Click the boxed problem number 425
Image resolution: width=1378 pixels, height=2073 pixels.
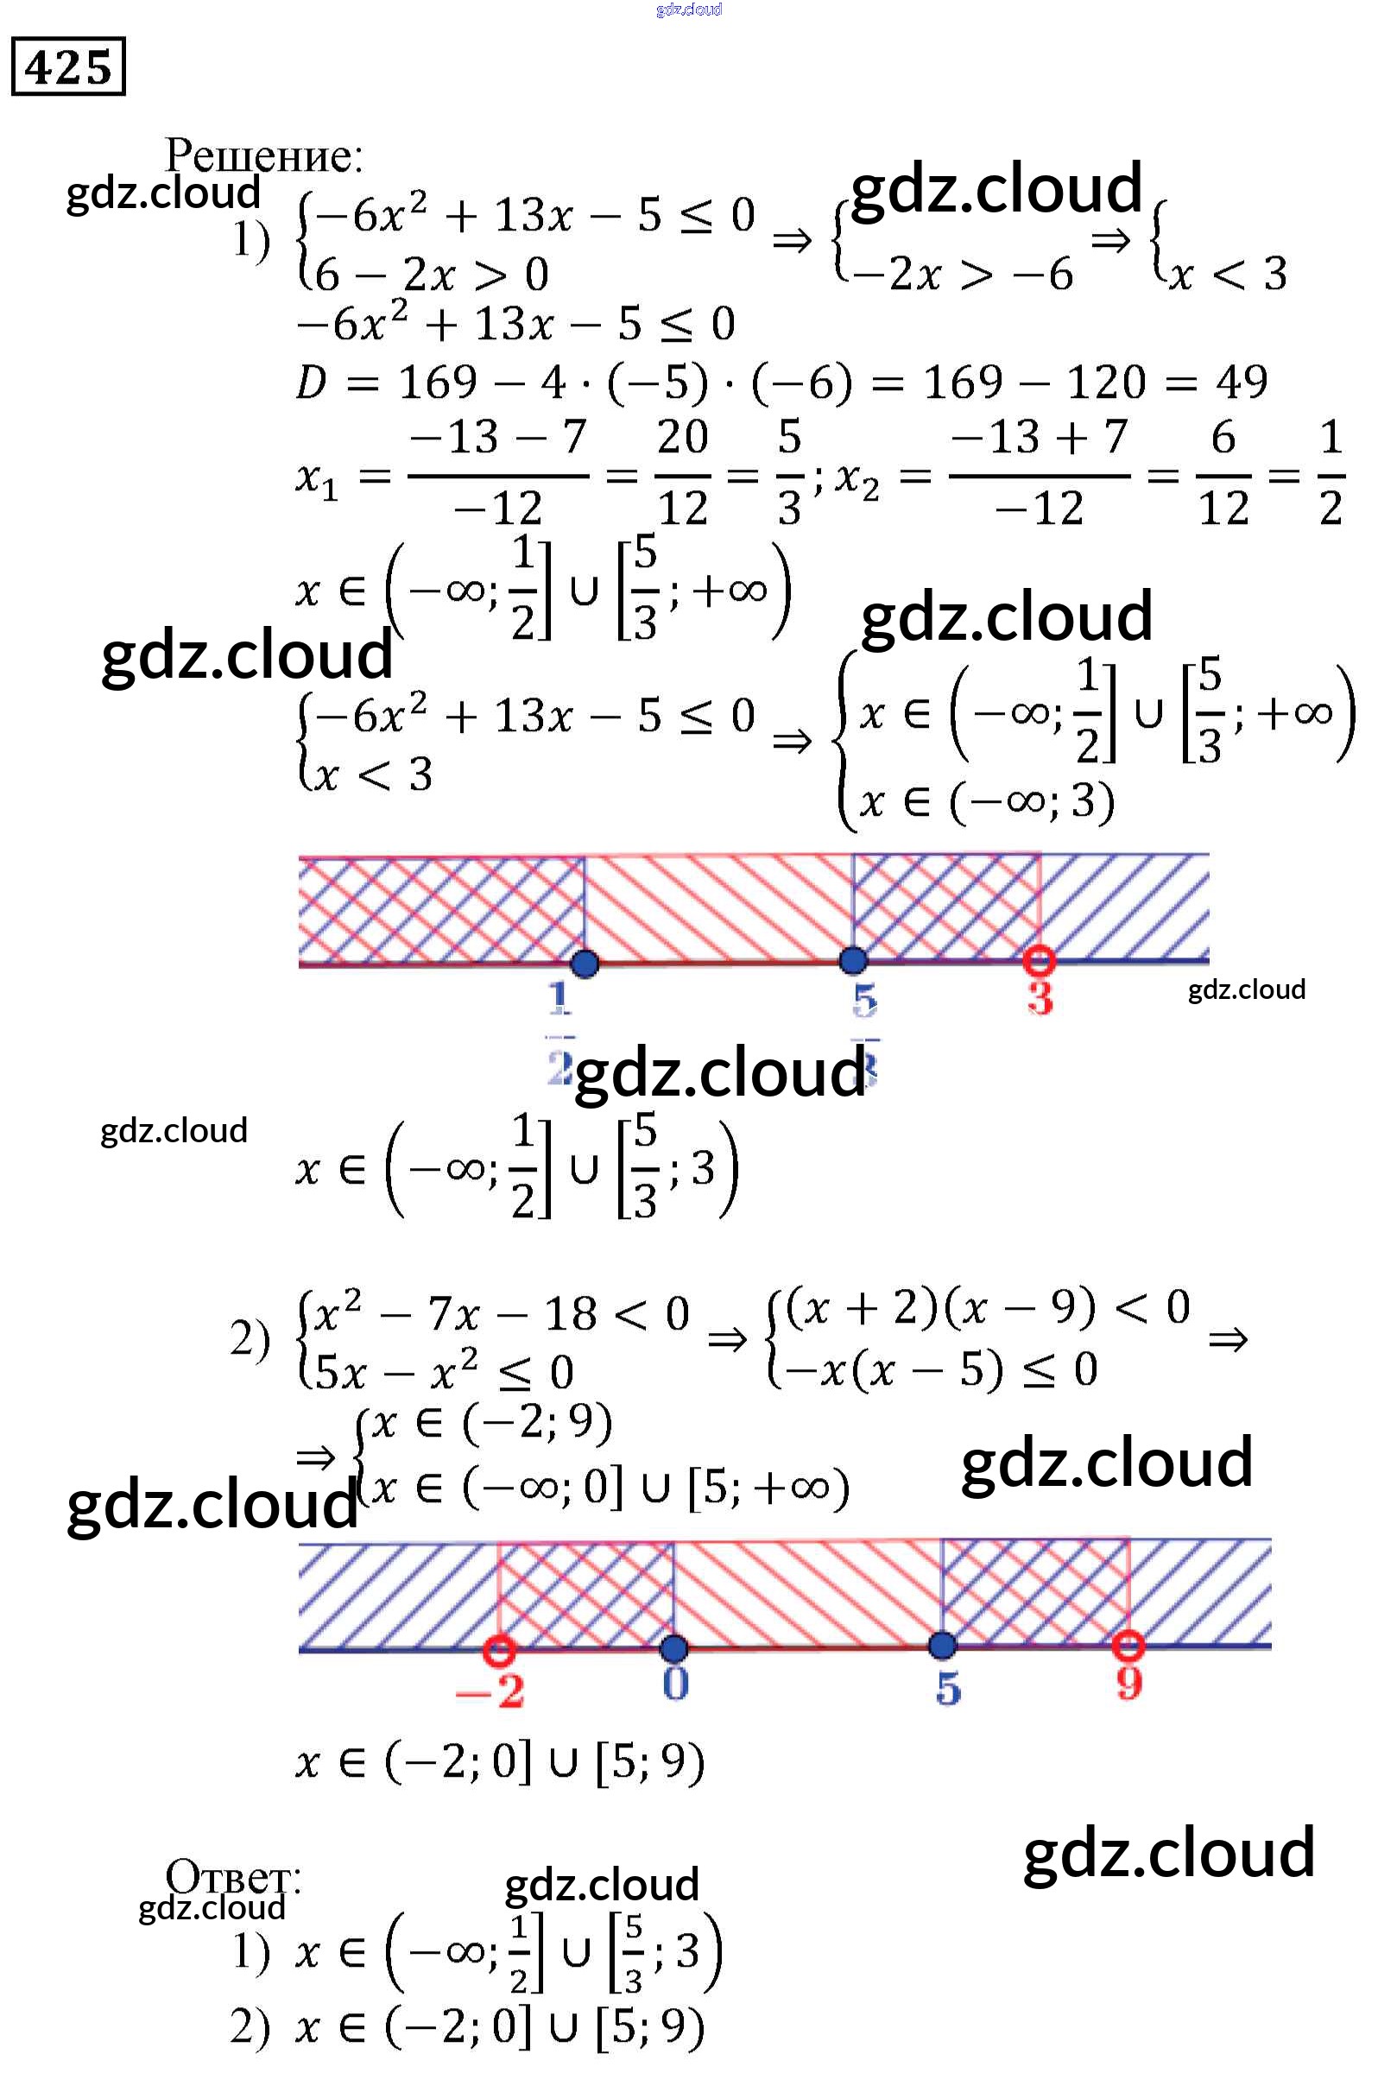tap(67, 66)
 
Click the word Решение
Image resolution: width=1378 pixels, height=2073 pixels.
tap(262, 155)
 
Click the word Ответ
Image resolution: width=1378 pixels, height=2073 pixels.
tap(233, 1877)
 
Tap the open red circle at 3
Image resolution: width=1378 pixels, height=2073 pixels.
tap(1040, 960)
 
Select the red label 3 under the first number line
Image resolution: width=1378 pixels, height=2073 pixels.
tap(1040, 998)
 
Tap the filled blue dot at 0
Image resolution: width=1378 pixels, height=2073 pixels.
tap(674, 1648)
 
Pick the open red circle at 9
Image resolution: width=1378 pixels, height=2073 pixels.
tap(1128, 1645)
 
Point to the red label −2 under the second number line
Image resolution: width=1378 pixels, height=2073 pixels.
tap(490, 1690)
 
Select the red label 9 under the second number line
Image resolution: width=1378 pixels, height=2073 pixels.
tap(1128, 1683)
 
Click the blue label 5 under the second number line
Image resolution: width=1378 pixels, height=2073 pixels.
tap(947, 1687)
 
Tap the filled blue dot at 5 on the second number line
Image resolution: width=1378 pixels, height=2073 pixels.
tap(942, 1645)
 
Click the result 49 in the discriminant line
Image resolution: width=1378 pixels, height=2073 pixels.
tap(1241, 382)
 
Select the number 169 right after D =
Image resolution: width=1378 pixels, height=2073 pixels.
tap(437, 382)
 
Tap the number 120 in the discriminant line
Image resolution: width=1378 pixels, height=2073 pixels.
tap(1105, 382)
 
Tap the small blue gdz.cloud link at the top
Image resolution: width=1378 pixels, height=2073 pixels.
tap(689, 9)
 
